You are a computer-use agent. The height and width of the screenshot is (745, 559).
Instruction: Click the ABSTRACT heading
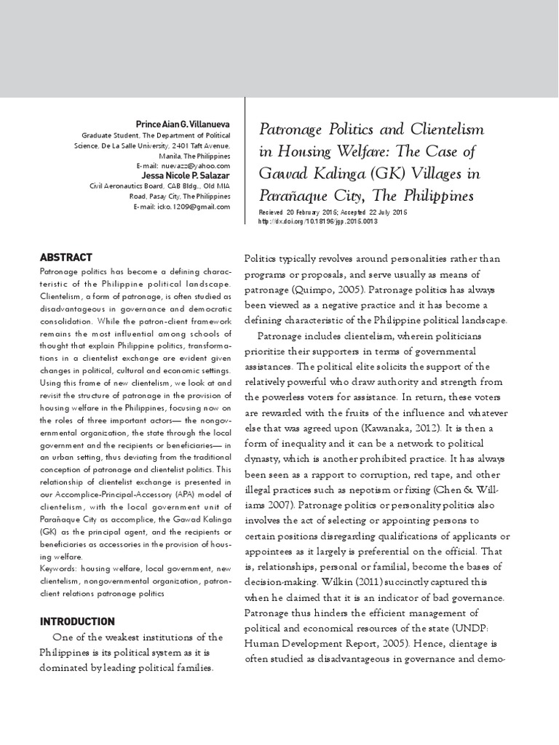point(66,257)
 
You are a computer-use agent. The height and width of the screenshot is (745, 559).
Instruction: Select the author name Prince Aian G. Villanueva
point(179,125)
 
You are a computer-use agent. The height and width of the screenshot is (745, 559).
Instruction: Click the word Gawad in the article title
point(281,175)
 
